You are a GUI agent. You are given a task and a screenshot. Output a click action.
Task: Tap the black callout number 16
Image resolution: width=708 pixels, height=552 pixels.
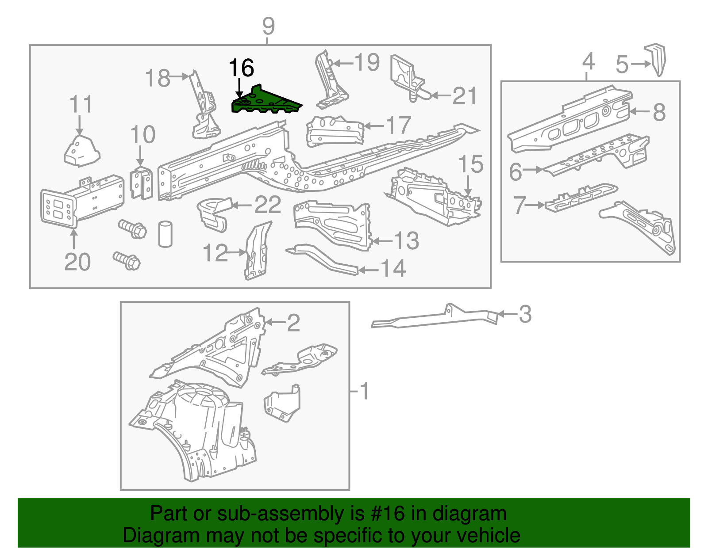pos(242,68)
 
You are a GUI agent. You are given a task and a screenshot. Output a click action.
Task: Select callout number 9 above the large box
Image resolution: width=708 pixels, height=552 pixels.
pos(268,27)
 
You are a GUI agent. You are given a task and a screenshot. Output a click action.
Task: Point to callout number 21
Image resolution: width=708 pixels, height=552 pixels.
pos(465,96)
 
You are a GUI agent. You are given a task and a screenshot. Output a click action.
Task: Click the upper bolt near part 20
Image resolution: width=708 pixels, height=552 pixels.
pos(132,229)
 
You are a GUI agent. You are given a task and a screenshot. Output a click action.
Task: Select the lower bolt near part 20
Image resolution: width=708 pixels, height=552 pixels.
pos(127,261)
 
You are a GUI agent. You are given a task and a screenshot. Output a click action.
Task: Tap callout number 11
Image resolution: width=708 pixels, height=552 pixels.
pos(81,105)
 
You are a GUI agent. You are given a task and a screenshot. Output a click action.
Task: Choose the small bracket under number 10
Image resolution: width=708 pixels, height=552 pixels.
pos(142,183)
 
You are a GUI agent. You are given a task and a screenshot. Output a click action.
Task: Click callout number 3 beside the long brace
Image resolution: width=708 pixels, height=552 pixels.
pos(525,314)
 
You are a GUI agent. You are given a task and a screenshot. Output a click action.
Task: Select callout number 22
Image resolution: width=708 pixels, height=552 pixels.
pos(268,205)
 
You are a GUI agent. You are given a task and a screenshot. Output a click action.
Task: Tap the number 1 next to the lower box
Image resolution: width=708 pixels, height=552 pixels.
pos(364,391)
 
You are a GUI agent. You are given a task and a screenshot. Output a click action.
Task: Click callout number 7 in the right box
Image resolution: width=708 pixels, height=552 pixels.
pos(519,205)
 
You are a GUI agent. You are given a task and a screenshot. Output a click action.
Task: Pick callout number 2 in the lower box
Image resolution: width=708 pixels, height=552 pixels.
pos(293,323)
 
